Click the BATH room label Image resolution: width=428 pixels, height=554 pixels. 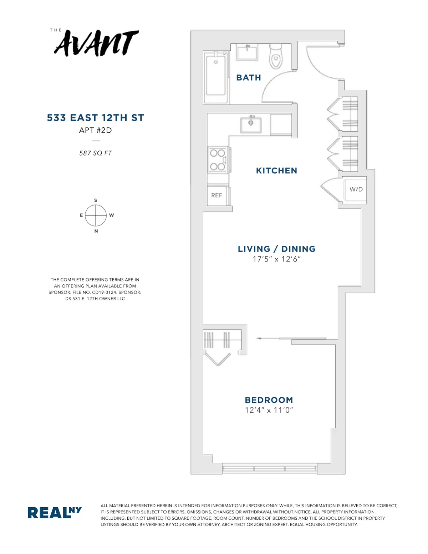click(x=249, y=78)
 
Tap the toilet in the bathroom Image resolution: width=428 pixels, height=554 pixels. click(x=276, y=57)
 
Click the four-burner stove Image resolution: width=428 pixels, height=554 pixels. click(x=218, y=160)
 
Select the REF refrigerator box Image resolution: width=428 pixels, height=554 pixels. click(x=217, y=195)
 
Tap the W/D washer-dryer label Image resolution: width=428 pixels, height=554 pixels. click(x=356, y=189)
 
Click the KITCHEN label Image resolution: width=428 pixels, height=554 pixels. click(x=276, y=171)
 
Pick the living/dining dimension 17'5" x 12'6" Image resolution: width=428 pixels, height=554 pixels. click(x=276, y=259)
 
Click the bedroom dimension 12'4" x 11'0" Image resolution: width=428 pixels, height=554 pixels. click(x=269, y=410)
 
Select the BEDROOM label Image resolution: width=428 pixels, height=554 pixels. click(x=269, y=400)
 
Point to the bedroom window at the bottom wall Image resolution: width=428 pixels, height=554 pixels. click(x=269, y=468)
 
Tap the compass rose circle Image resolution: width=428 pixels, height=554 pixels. click(x=96, y=215)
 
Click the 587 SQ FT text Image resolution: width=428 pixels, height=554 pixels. click(x=96, y=153)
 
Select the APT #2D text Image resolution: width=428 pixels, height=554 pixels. click(x=96, y=131)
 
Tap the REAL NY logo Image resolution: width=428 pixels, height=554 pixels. click(x=55, y=513)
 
